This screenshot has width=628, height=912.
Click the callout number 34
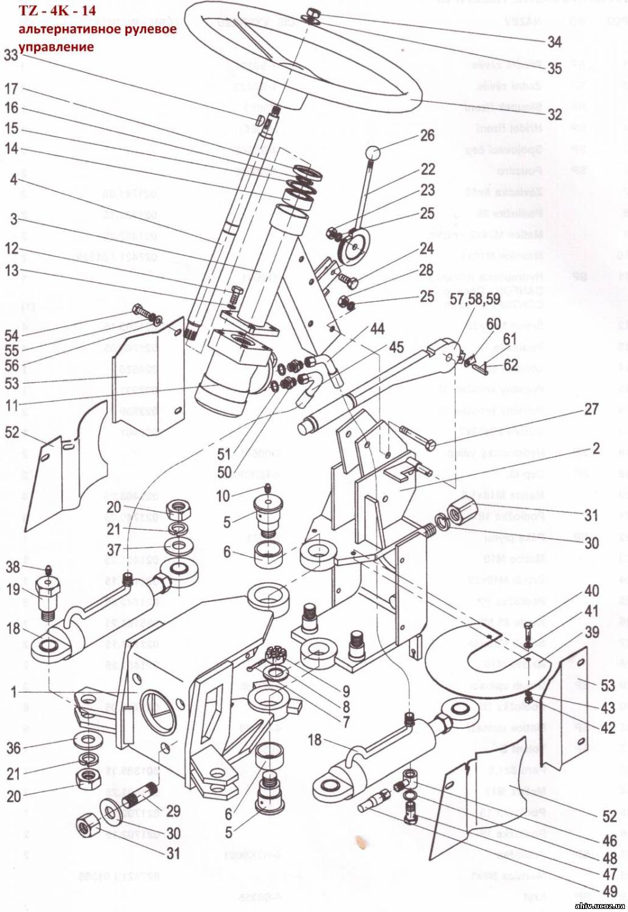point(554,41)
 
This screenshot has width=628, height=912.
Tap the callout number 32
point(554,114)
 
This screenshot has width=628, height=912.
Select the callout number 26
point(428,135)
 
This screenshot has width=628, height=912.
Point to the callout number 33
point(11,55)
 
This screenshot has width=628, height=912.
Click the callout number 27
point(591,409)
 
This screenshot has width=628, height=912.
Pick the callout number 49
point(609,893)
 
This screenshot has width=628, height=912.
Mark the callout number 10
point(223,496)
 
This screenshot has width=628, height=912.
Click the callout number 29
point(173,810)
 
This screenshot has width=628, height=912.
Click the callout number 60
point(494,323)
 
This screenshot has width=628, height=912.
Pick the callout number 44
point(377,329)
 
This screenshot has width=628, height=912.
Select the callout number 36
point(14,748)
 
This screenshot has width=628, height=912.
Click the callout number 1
point(13,692)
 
